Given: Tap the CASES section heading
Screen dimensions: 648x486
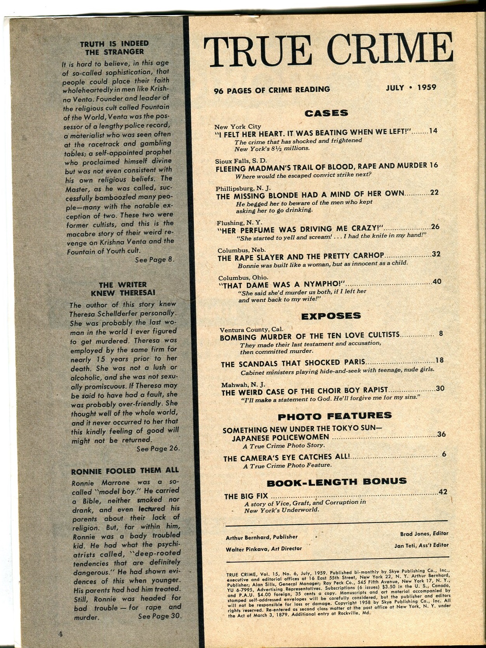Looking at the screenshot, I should click(x=326, y=113).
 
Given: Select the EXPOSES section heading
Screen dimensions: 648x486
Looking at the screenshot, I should click(x=331, y=316).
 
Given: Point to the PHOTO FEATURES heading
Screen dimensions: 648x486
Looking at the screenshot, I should click(x=335, y=416).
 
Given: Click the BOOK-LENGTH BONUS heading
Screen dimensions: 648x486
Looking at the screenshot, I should click(x=337, y=482).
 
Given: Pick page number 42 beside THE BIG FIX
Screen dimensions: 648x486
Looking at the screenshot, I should click(x=443, y=492).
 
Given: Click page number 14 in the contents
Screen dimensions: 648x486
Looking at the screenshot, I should click(x=433, y=131).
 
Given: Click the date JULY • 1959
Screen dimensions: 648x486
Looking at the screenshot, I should click(x=411, y=87).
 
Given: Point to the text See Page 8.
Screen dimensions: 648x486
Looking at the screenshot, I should click(x=154, y=260).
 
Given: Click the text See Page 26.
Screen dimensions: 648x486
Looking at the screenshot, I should click(x=158, y=449).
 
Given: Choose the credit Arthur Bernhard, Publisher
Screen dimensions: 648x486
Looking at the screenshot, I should click(x=262, y=537).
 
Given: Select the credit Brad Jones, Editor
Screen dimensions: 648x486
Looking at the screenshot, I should click(x=424, y=533).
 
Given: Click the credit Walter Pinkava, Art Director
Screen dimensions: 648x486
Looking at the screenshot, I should click(x=264, y=549).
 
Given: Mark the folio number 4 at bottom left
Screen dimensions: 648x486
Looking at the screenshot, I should click(x=60, y=634).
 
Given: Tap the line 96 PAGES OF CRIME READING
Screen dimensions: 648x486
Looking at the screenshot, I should click(x=272, y=90).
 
